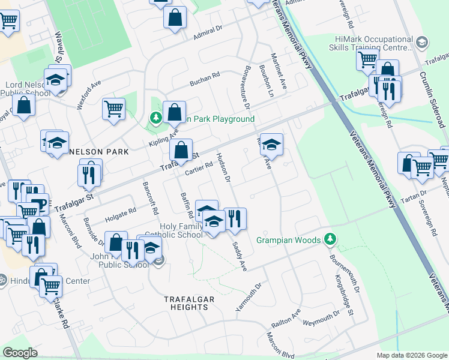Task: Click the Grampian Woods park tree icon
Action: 329,239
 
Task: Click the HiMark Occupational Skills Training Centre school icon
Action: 422,41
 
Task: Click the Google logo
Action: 20,353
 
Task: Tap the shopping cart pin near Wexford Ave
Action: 113,109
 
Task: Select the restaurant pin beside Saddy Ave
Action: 235,219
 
